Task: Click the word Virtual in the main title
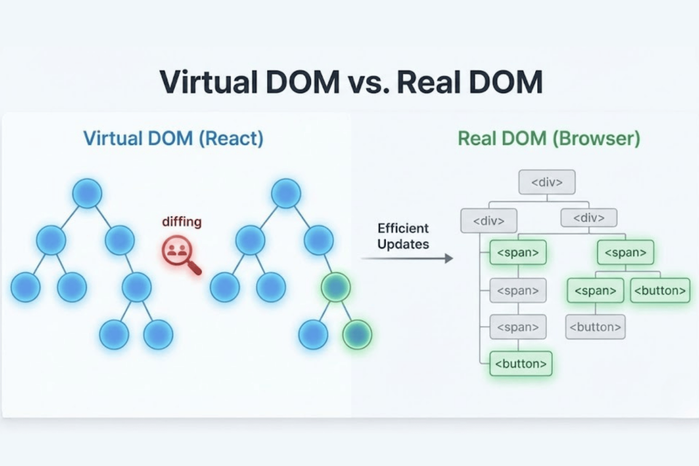point(207,82)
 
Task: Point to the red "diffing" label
point(181,222)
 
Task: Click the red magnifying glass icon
point(179,253)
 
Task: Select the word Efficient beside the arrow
point(403,228)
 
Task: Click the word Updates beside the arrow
point(403,244)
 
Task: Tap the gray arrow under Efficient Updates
point(408,258)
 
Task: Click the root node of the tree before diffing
point(87,193)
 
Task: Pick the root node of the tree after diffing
point(286,193)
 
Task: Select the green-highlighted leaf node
point(357,334)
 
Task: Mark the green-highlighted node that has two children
point(336,287)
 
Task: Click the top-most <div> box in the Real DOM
point(547,182)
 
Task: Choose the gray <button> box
point(595,327)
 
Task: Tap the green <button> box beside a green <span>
point(660,291)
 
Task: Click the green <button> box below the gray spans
point(521,363)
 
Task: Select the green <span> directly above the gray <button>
point(595,291)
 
